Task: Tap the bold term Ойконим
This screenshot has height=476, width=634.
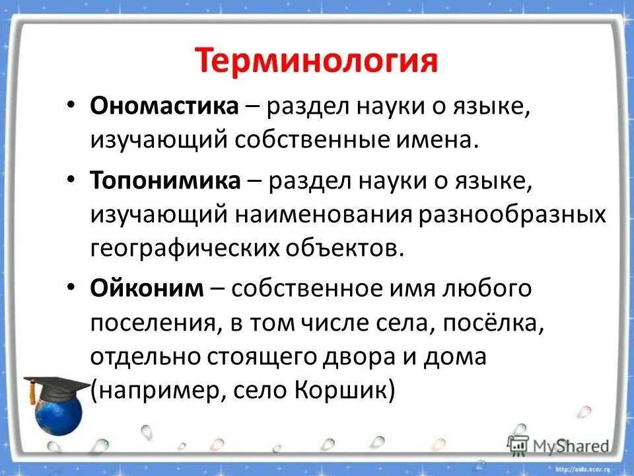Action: pyautogui.click(x=147, y=288)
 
